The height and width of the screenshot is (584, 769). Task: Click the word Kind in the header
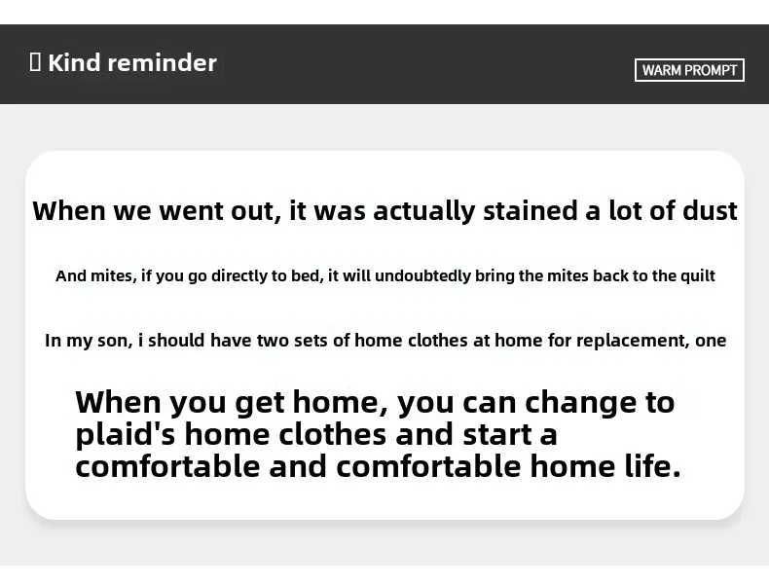pyautogui.click(x=74, y=62)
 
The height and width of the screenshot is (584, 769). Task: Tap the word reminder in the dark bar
pyautogui.click(x=162, y=62)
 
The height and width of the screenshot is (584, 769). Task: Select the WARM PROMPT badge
pyautogui.click(x=689, y=70)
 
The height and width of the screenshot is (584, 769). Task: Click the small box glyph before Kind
pyautogui.click(x=35, y=62)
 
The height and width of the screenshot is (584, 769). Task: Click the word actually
pyautogui.click(x=423, y=211)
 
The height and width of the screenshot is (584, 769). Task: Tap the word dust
pyautogui.click(x=711, y=210)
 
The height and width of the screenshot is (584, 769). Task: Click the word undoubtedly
pyautogui.click(x=422, y=276)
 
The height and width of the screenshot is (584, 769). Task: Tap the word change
pyautogui.click(x=580, y=403)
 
